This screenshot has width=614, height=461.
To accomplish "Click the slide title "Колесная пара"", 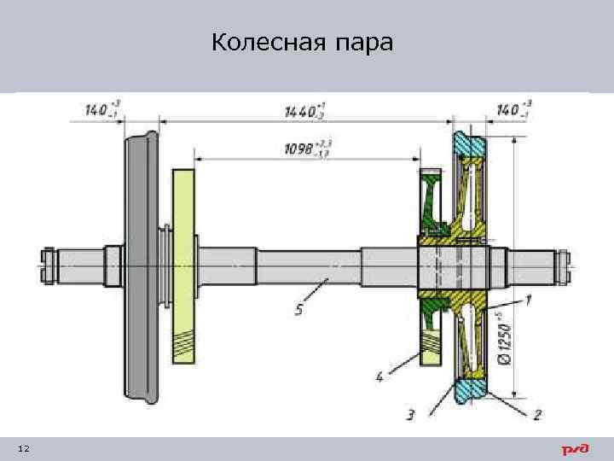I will tap(303, 43).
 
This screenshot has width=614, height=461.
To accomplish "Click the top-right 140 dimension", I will tap(514, 110).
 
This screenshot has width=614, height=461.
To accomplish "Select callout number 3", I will tap(411, 416).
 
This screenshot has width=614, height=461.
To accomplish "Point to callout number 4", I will tap(379, 373).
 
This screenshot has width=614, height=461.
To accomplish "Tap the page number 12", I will tap(23, 449).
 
